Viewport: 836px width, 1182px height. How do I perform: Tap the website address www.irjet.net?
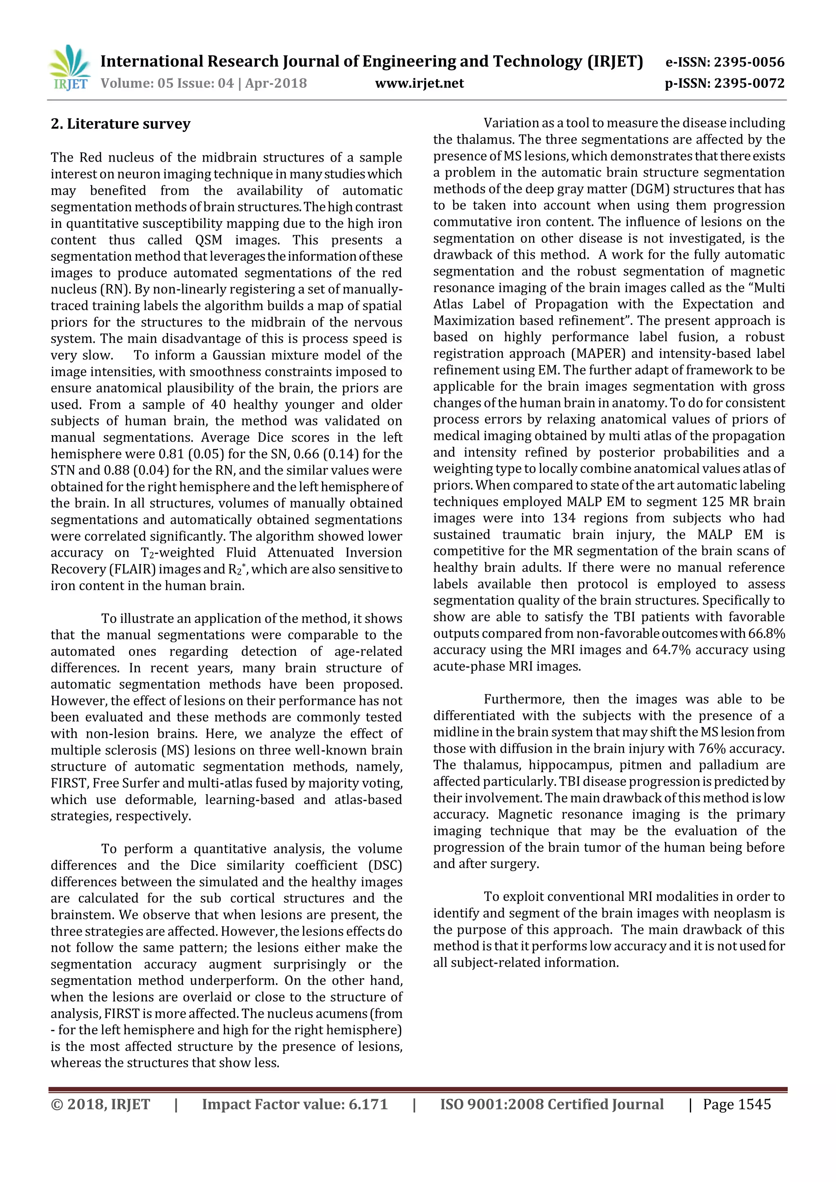pos(419,83)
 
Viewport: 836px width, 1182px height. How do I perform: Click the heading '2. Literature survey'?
pos(120,124)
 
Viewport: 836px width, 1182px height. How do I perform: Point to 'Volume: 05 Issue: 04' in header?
pos(167,83)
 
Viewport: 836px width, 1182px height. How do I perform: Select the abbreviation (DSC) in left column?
pos(385,865)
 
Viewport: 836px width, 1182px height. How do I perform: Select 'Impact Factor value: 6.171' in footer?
pos(294,1105)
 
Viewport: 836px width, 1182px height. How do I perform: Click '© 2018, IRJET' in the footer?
pos(100,1105)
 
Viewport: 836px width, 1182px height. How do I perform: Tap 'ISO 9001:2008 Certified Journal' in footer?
pos(551,1105)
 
